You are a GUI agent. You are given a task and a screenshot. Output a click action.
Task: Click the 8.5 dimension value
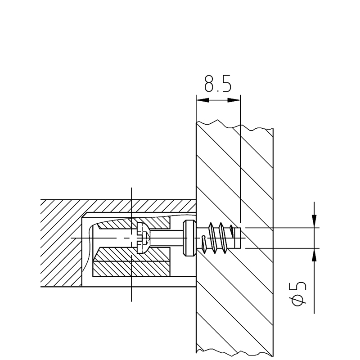point(218,83)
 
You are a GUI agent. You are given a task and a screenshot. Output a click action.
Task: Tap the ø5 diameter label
point(299,294)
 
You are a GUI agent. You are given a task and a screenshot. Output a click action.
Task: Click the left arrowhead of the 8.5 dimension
point(203,100)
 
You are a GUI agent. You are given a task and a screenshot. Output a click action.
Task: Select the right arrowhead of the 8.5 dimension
point(234,100)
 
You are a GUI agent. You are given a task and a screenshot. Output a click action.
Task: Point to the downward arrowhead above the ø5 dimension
point(314,221)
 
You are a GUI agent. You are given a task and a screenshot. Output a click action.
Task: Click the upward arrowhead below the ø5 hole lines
point(314,255)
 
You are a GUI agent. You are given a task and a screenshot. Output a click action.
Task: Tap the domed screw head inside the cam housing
point(143,238)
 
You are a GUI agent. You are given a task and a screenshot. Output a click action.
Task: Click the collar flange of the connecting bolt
point(189,238)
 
